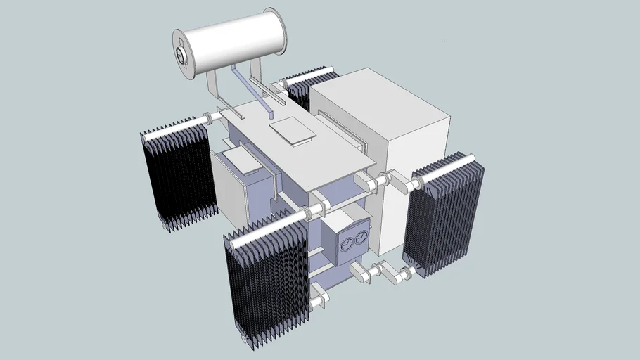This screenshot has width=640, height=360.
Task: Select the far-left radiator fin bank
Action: point(176,176)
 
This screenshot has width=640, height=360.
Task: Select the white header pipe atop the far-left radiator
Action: point(172,128)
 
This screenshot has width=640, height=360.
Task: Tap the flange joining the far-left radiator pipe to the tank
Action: point(208,117)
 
